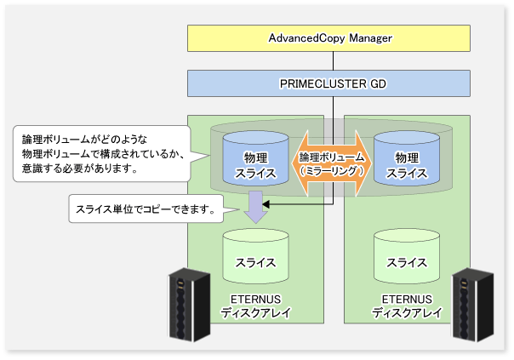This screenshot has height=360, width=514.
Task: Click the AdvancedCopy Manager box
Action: [329, 39]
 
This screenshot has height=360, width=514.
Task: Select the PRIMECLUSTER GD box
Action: [329, 84]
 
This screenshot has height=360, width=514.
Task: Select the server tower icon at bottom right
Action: [472, 303]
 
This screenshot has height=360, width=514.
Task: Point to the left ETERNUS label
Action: [255, 300]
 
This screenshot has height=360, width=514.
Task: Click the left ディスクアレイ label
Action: [255, 313]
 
